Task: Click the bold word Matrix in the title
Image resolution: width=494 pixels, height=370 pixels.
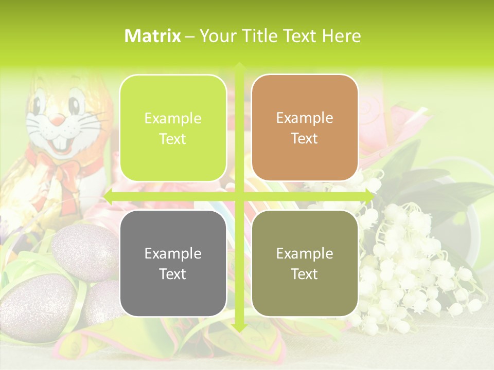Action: (x=153, y=36)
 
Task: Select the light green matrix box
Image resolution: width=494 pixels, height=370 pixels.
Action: (x=173, y=128)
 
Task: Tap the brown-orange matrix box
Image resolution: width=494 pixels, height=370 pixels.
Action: (x=305, y=128)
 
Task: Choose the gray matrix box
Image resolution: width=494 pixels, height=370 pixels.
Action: (x=173, y=263)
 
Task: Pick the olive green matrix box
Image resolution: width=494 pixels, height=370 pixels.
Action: (x=305, y=263)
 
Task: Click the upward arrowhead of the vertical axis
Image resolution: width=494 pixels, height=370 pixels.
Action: (x=239, y=67)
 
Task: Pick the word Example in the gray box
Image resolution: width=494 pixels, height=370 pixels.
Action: (x=173, y=253)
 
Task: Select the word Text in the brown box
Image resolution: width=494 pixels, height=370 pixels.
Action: (x=305, y=138)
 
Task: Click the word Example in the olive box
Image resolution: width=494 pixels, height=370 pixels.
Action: (x=305, y=253)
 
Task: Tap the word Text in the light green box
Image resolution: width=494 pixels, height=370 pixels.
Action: (x=173, y=139)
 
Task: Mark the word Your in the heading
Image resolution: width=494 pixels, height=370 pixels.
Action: (x=215, y=36)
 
